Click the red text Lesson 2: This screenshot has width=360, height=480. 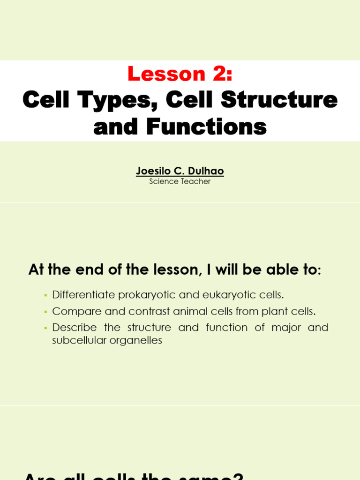[180, 74]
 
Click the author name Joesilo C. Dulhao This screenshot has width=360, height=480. [180, 171]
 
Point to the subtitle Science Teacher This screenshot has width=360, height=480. [180, 181]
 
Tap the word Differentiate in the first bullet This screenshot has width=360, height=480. [83, 295]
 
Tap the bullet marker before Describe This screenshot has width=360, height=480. [45, 328]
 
